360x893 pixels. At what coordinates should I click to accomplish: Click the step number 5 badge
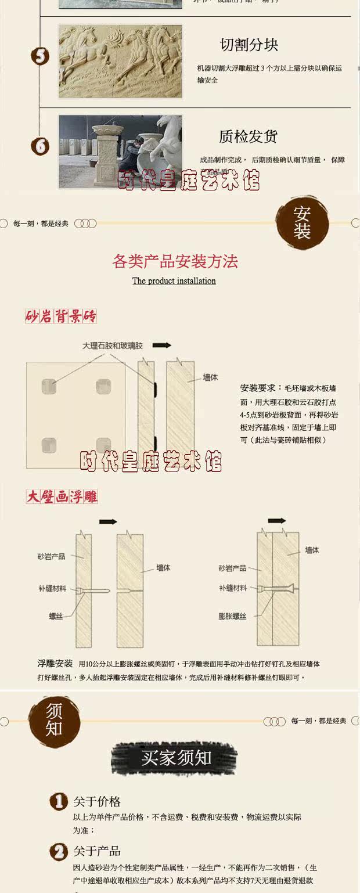[40, 56]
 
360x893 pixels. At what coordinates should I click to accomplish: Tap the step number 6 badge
[40, 146]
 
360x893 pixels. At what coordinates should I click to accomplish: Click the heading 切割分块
[249, 45]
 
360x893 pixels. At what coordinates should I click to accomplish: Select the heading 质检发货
[249, 136]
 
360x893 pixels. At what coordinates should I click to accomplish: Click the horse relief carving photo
[120, 61]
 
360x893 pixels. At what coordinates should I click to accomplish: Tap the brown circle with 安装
[302, 223]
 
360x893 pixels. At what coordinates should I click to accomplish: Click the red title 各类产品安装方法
[175, 261]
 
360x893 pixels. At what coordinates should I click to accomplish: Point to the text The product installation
[174, 281]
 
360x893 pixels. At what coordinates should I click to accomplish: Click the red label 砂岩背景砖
[61, 316]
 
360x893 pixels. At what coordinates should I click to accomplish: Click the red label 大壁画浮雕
[62, 496]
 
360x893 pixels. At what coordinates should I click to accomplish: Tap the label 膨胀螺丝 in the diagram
[232, 616]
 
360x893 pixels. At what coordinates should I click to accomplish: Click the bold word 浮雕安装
[55, 664]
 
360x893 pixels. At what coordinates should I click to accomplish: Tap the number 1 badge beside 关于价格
[58, 802]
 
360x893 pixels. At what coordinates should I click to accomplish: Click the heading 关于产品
[97, 851]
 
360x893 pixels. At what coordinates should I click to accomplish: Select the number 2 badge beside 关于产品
[58, 852]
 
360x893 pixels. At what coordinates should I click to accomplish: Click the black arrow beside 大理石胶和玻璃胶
[162, 345]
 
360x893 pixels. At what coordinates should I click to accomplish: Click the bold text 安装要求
[258, 388]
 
